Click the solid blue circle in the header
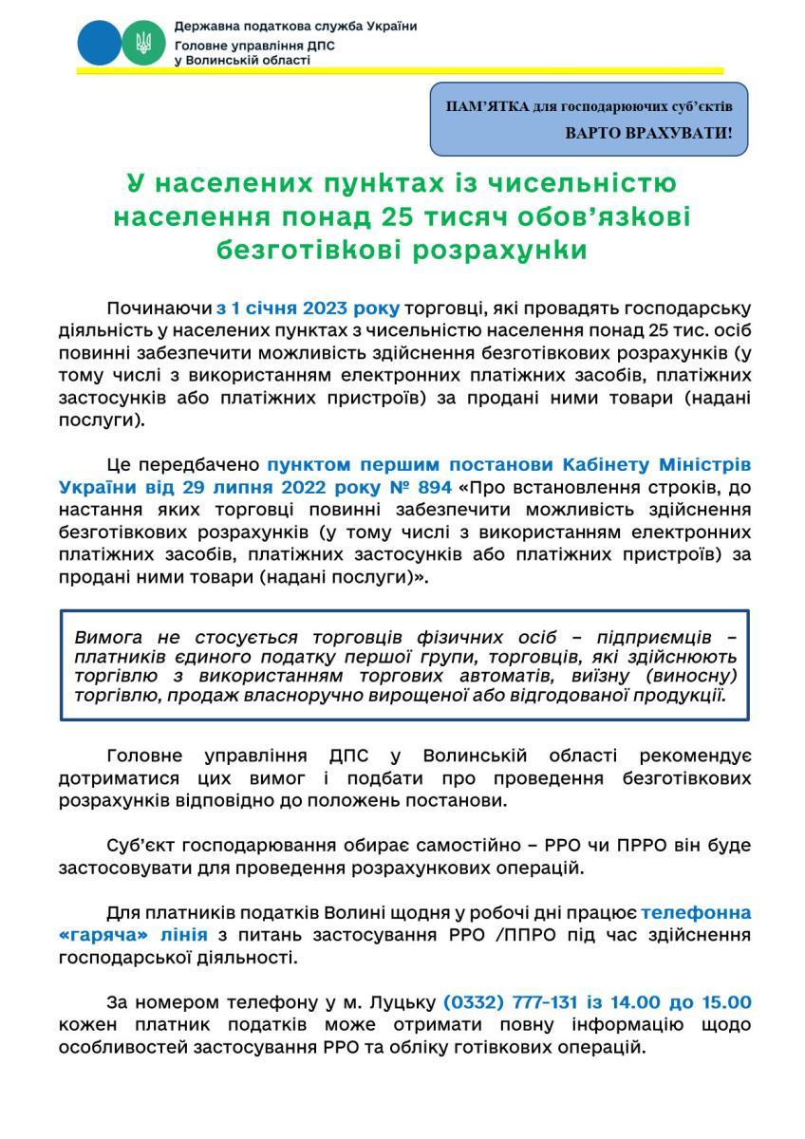[100, 41]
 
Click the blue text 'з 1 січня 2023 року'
[308, 308]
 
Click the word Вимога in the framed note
[108, 638]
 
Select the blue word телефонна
[696, 913]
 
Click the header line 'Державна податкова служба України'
[295, 26]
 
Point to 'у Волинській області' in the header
[242, 60]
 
